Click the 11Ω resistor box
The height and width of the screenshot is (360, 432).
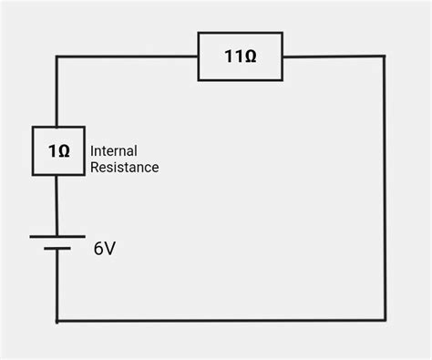tap(240, 57)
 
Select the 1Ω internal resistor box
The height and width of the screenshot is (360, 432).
tap(58, 151)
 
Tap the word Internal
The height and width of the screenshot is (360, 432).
tap(115, 150)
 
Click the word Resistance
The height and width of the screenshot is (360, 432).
tap(124, 168)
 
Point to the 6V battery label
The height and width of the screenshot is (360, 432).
tap(104, 249)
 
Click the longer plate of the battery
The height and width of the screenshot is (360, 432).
tap(57, 236)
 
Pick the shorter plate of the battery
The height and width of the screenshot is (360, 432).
tap(57, 247)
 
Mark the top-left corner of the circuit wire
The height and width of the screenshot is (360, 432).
tap(57, 57)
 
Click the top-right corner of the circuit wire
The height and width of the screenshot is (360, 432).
tap(384, 57)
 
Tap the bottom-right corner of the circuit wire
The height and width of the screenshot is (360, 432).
tap(384, 320)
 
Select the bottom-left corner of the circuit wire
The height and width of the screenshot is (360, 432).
tap(57, 320)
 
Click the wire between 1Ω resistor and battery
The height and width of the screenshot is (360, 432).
tap(57, 205)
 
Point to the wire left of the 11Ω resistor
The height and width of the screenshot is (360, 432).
tap(128, 57)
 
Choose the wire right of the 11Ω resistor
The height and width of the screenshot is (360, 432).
tap(333, 57)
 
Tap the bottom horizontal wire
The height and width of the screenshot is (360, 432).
tap(219, 320)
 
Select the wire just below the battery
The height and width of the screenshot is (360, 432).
tap(57, 283)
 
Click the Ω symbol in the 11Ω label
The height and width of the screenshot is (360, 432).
tap(250, 57)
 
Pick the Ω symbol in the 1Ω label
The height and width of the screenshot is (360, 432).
tap(63, 151)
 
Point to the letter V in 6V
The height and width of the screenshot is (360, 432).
tap(109, 249)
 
